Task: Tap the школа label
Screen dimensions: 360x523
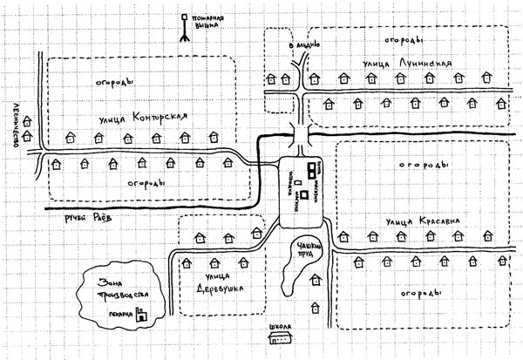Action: (x=279, y=329)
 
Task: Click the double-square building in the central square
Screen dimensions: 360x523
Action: (x=311, y=169)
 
